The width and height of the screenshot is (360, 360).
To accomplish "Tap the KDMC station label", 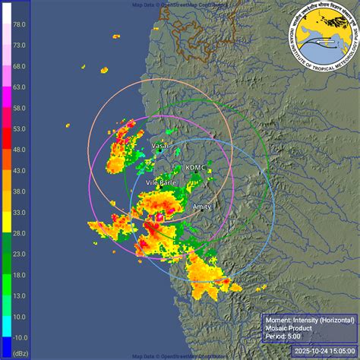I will (x=195, y=167).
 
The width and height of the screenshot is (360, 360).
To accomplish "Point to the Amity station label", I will (x=202, y=206).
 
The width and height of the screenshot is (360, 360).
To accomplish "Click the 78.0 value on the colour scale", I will (x=20, y=24).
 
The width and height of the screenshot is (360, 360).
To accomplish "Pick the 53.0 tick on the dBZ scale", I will (x=20, y=129).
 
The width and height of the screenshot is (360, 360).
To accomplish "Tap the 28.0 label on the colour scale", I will (x=20, y=234).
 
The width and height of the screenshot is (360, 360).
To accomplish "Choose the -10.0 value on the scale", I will (x=20, y=337).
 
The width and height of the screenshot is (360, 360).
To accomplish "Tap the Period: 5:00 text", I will (x=285, y=336).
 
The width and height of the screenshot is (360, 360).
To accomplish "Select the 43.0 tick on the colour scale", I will (x=20, y=171).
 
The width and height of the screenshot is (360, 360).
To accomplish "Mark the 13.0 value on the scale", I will (x=20, y=296).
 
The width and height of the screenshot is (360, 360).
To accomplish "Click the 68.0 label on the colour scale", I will (x=20, y=66).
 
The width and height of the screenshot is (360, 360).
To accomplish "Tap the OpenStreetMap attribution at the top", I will (x=180, y=4).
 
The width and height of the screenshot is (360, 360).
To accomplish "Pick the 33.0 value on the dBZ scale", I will (x=20, y=213).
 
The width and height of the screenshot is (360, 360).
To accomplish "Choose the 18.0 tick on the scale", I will (x=20, y=276).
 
